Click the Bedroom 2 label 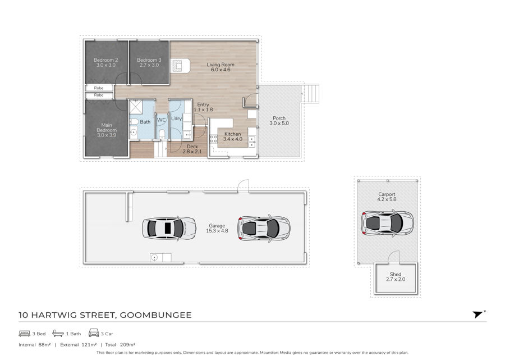[x=105, y=62]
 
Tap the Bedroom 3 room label [x=149, y=62]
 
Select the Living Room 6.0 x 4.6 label [x=221, y=67]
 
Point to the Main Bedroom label [x=107, y=130]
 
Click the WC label [x=161, y=120]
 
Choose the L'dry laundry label [x=177, y=119]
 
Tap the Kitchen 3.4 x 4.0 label [x=232, y=136]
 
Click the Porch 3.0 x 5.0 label [x=279, y=121]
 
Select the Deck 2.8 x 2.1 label [x=192, y=149]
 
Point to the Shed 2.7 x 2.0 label [x=396, y=277]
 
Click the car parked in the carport [x=387, y=223]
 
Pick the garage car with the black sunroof [x=169, y=228]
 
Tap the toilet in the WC [x=162, y=134]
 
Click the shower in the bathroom [x=135, y=107]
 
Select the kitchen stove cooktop [x=213, y=139]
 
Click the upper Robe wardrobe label [x=99, y=88]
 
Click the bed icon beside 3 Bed [x=25, y=333]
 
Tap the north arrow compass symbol [x=478, y=315]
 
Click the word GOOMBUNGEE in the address [x=155, y=315]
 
